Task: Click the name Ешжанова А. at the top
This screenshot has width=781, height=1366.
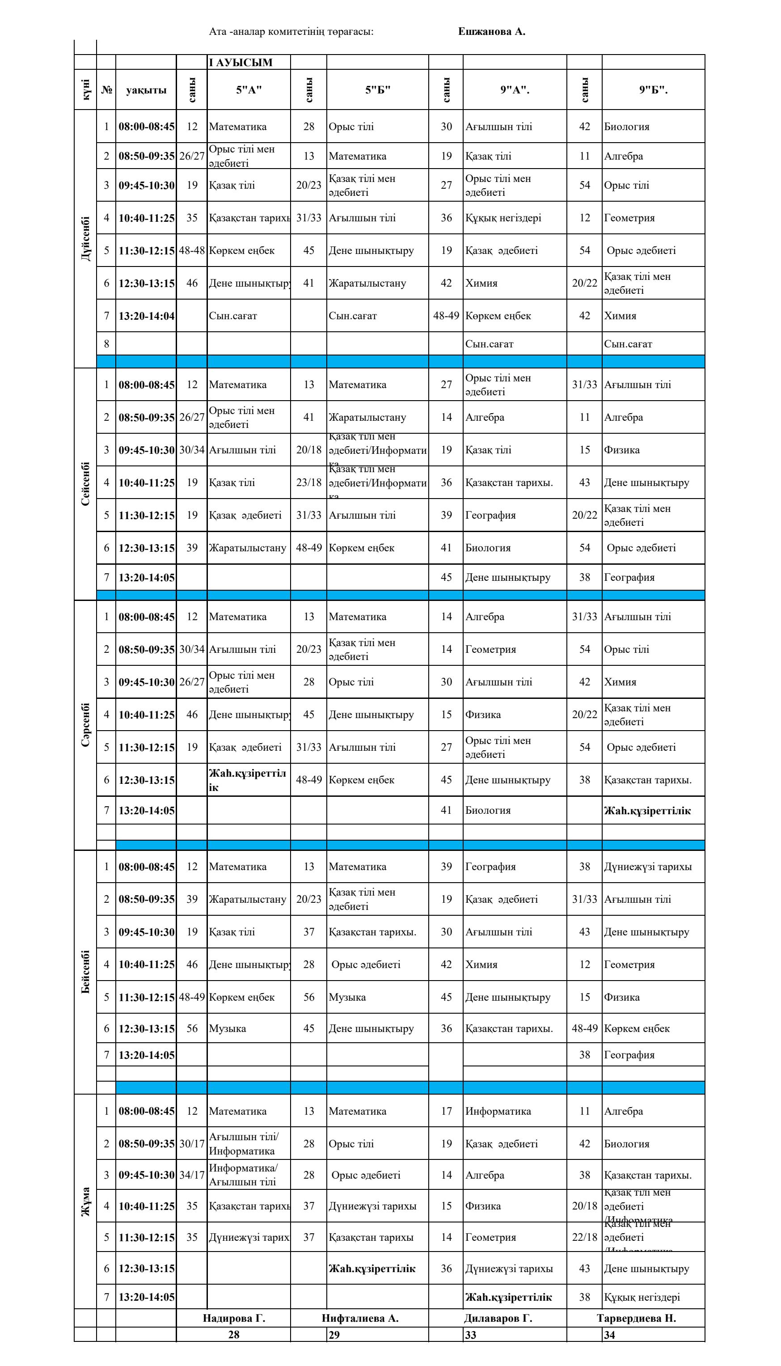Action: [x=491, y=32]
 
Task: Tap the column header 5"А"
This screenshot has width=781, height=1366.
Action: [x=249, y=90]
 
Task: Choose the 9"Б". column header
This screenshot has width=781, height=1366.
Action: [x=653, y=90]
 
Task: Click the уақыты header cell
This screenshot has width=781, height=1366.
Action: [x=146, y=90]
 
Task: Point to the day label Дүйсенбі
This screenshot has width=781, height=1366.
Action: [x=86, y=239]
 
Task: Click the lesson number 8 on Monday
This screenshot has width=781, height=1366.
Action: [x=106, y=344]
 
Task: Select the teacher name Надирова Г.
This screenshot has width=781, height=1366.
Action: [x=234, y=1318]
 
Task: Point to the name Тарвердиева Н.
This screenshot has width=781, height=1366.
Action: [x=636, y=1318]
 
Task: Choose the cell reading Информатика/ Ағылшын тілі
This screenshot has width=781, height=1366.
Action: [x=243, y=1175]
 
